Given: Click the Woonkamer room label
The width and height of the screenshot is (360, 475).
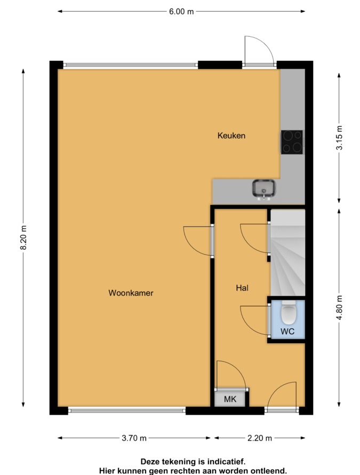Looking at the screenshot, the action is coord(131,293).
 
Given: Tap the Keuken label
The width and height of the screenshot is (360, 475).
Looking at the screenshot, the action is coord(231,136).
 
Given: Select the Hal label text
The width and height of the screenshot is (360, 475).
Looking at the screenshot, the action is coord(242,288).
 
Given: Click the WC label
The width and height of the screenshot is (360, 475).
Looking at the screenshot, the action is coord(287,331).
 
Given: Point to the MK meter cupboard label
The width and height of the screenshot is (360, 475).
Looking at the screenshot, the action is coord(230,399).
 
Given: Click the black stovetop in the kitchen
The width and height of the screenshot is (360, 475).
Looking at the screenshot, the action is coord(292,142).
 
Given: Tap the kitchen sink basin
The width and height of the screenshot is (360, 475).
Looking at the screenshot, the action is coord(264,188).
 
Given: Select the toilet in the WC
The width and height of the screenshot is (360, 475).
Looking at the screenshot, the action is coord(288,312).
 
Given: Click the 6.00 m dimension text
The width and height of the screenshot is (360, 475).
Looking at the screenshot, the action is coord(181,12).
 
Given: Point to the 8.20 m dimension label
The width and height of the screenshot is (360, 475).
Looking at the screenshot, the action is coord(23,237).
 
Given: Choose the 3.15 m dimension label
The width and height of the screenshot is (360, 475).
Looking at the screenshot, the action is coord(339,138).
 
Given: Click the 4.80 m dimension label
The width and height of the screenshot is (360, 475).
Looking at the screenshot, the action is coord(339,308).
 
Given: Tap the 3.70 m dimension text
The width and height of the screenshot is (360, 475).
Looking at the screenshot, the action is coord(134,438).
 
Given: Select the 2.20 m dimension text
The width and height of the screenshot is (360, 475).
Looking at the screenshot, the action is coord(260,438).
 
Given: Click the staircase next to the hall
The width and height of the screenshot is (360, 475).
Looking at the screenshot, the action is coord(287,252).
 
